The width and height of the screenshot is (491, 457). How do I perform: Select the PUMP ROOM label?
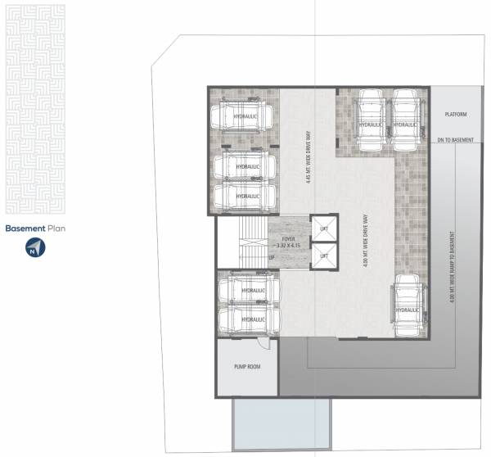pos(246,366)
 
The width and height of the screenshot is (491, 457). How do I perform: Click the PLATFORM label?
pos(455,115)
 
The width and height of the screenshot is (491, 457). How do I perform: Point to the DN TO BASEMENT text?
pos(455,140)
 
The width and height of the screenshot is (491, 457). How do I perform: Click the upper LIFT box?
pos(325,228)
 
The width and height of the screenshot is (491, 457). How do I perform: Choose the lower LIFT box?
pos(325,256)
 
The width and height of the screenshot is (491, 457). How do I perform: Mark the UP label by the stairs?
pos(272,257)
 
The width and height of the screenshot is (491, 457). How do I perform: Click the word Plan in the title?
pos(56,229)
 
